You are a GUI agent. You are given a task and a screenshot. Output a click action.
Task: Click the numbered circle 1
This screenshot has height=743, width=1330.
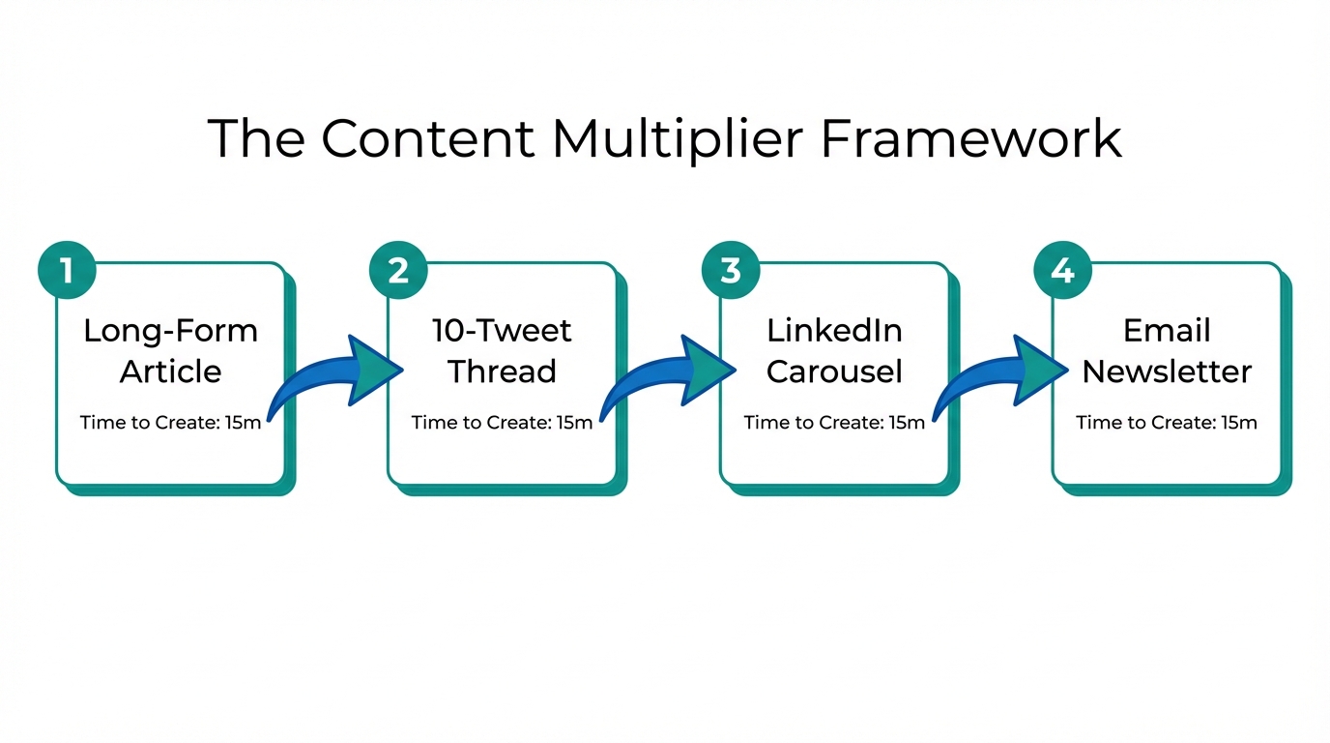67,270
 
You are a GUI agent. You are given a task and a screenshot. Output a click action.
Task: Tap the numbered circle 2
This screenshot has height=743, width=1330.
398,270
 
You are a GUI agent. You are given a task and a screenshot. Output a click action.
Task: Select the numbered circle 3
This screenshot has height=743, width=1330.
731,270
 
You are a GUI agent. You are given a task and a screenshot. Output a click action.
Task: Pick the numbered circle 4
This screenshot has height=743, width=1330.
1062,270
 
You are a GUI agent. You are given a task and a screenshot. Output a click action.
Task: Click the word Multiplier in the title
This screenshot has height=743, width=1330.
676,139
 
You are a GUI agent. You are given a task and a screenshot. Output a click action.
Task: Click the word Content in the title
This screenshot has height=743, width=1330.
426,139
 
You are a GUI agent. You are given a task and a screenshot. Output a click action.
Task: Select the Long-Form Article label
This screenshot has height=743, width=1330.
171,350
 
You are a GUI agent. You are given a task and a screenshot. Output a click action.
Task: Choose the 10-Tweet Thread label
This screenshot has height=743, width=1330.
503,350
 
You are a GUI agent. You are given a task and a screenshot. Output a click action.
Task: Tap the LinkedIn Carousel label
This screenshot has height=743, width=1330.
834,350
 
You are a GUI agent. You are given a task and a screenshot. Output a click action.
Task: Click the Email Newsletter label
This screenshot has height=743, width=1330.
1167,350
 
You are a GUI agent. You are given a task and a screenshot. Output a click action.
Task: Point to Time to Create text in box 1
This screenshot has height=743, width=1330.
170,423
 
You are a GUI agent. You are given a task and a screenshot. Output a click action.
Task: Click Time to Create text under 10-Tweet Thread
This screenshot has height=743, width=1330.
502,423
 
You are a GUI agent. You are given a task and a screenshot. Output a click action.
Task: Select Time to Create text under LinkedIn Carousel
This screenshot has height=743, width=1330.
834,423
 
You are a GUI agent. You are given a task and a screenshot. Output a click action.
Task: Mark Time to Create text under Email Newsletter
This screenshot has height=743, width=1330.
1167,423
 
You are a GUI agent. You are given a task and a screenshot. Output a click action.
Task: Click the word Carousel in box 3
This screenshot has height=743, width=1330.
834,371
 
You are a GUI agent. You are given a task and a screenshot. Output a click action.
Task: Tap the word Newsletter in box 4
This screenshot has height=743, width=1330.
1167,371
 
